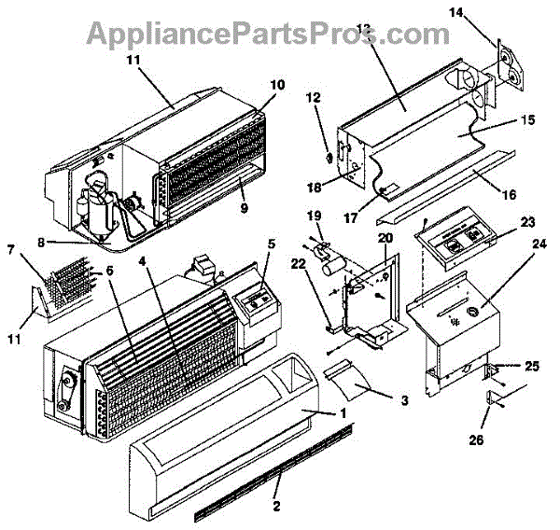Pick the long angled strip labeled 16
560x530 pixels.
448,186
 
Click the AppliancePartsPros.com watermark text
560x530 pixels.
267,34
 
